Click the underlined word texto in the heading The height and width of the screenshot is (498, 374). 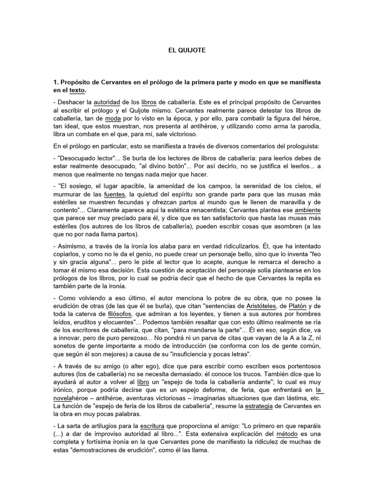point(77,90)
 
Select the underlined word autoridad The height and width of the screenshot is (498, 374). point(108,103)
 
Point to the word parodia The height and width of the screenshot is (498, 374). point(308,126)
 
